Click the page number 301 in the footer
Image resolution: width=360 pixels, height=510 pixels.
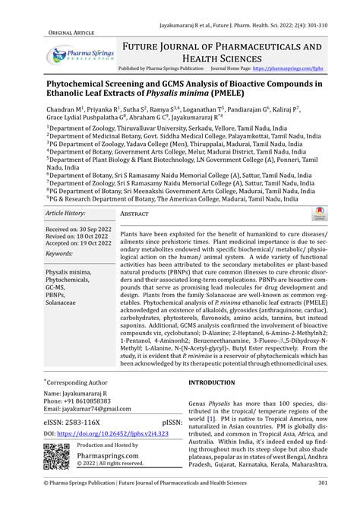click(323, 503)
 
